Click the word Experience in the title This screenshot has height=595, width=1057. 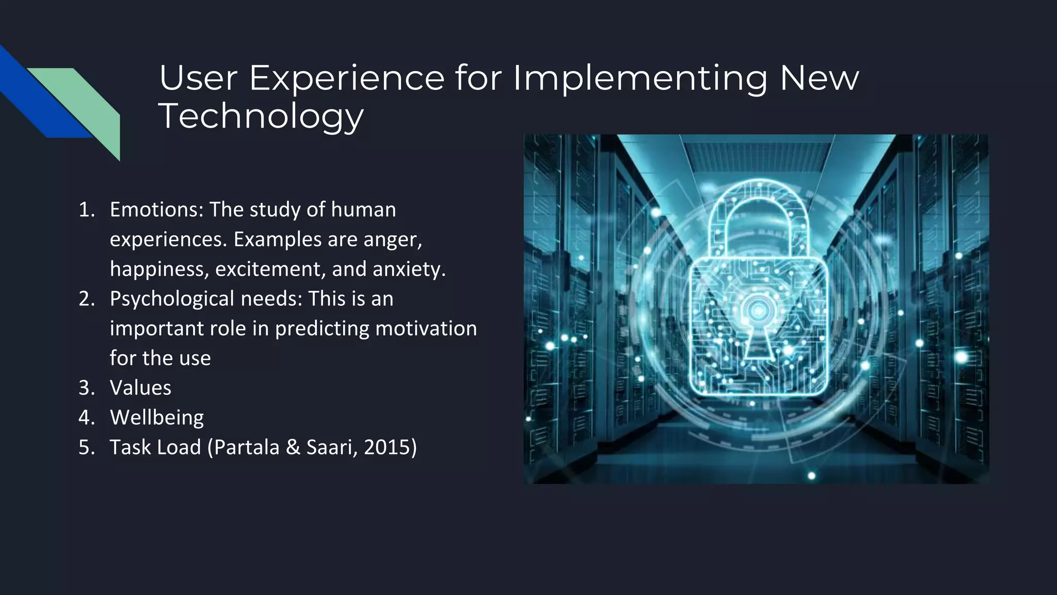pyautogui.click(x=346, y=79)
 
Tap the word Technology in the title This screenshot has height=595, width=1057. pyautogui.click(x=261, y=116)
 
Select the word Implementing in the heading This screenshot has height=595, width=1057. pyautogui.click(x=640, y=79)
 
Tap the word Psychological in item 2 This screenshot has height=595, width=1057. pyautogui.click(x=172, y=299)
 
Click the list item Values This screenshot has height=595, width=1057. pyautogui.click(x=140, y=388)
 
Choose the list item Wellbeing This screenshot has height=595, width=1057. pyautogui.click(x=157, y=417)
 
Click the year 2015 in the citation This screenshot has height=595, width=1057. pyautogui.click(x=387, y=447)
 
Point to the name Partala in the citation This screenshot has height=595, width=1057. pyautogui.click(x=246, y=447)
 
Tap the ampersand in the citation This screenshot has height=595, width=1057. pyautogui.click(x=293, y=447)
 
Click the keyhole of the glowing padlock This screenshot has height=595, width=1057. pyautogui.click(x=758, y=331)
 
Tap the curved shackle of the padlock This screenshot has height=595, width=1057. pyautogui.click(x=758, y=207)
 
